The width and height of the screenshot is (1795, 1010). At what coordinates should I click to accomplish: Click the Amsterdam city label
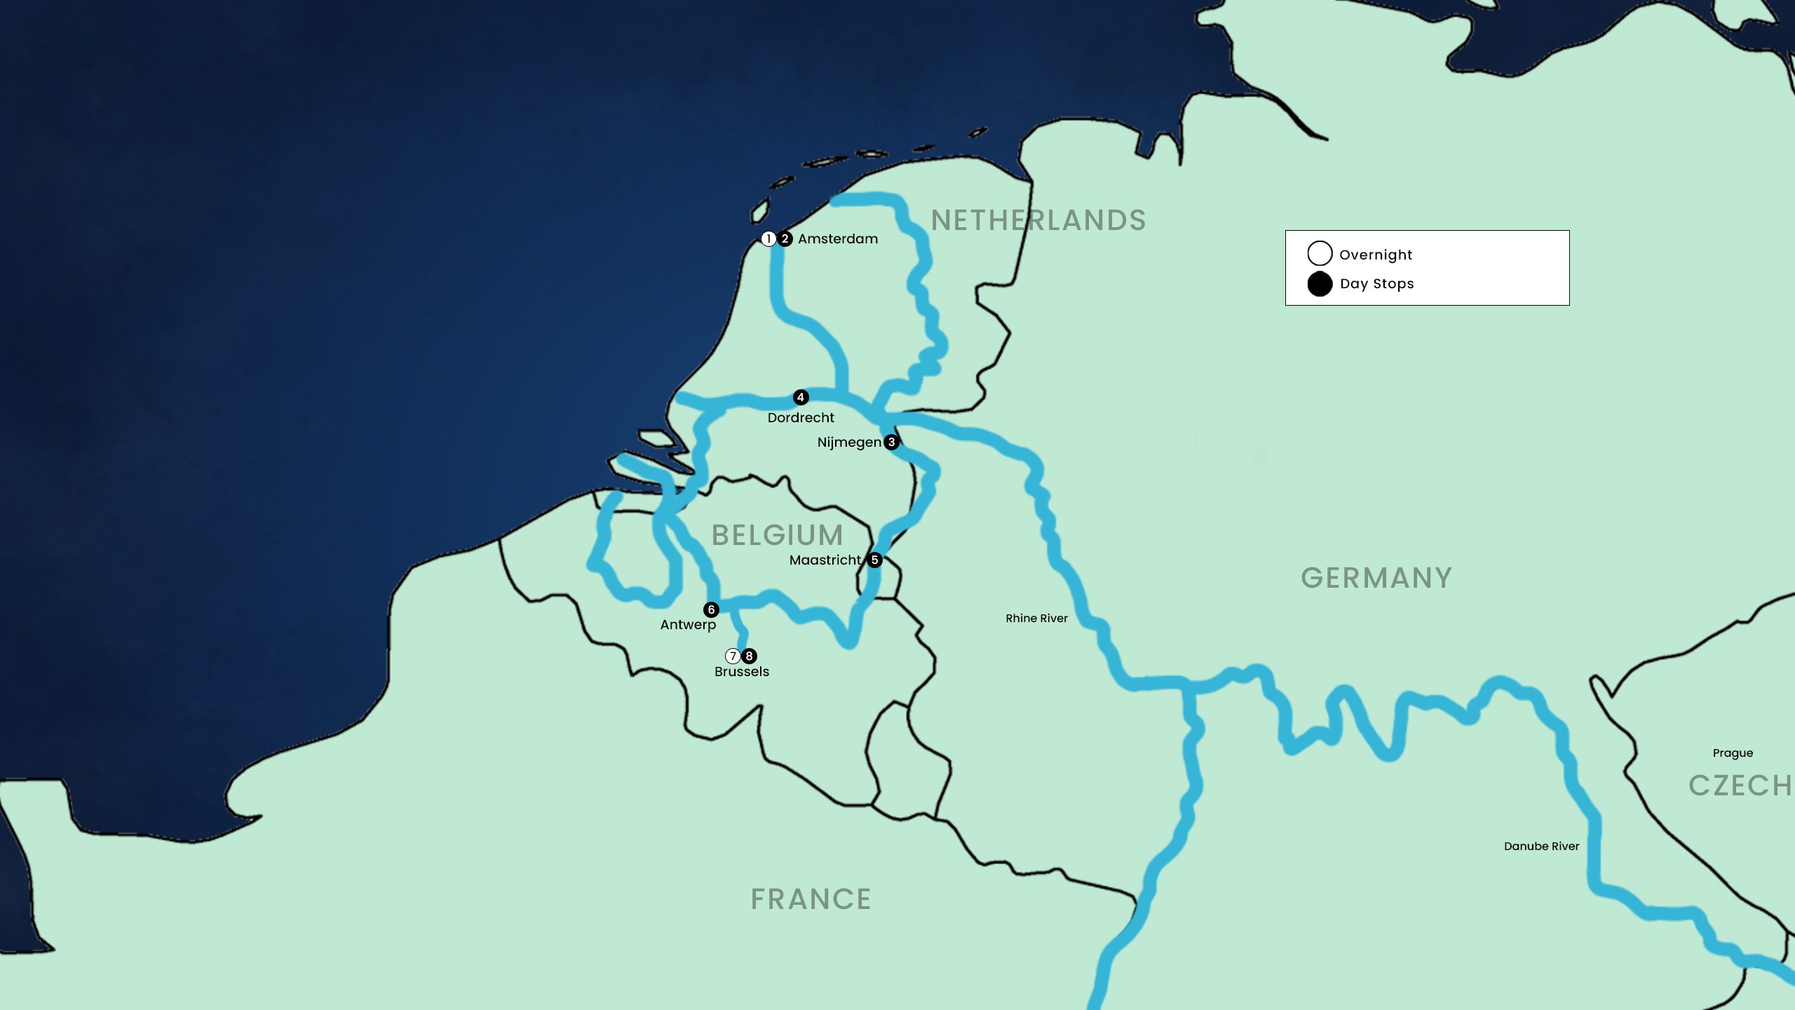[x=837, y=239]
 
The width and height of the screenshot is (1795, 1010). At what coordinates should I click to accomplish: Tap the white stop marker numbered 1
[x=768, y=239]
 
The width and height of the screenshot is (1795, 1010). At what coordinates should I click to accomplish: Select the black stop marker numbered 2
[x=785, y=239]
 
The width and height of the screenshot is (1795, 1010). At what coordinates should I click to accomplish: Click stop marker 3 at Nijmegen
[x=891, y=442]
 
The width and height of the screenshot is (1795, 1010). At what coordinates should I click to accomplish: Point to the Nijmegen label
[x=849, y=443]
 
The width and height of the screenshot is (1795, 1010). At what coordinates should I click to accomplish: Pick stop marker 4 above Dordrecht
[x=801, y=398]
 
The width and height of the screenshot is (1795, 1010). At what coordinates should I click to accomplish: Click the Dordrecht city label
[x=801, y=418]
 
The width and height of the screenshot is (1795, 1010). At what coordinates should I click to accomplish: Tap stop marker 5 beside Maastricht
[x=874, y=560]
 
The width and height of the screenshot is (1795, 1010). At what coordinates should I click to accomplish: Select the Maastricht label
[x=825, y=560]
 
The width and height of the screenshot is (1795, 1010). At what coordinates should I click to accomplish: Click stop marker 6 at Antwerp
[x=711, y=610]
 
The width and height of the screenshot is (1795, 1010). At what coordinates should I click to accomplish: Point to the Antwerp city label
[x=688, y=625]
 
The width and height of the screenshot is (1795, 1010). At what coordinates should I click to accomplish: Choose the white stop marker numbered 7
[x=733, y=656]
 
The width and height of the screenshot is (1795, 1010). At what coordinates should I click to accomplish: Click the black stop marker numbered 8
[x=749, y=656]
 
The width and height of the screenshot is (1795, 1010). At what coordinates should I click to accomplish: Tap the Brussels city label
[x=742, y=672]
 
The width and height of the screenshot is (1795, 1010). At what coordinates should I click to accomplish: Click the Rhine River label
[x=1036, y=619]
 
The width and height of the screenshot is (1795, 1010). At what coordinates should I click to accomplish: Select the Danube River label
[x=1541, y=847]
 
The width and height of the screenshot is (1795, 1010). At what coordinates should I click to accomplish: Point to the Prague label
[x=1733, y=753]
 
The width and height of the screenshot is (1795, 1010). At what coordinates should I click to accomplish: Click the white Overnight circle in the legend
[x=1320, y=253]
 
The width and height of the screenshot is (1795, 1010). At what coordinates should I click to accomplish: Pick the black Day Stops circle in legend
[x=1320, y=284]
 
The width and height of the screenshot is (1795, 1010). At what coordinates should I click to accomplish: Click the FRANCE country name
[x=811, y=899]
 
